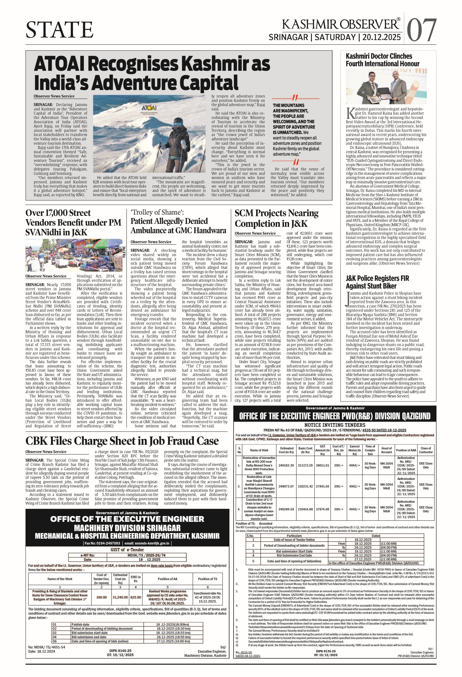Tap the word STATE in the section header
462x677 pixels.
(x=60, y=30)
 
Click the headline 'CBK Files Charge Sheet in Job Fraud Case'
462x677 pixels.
(x=122, y=441)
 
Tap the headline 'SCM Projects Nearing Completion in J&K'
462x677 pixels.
(x=277, y=218)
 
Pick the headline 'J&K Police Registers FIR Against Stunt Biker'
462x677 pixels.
(x=377, y=282)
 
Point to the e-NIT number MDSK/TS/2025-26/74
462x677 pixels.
(x=147, y=555)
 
